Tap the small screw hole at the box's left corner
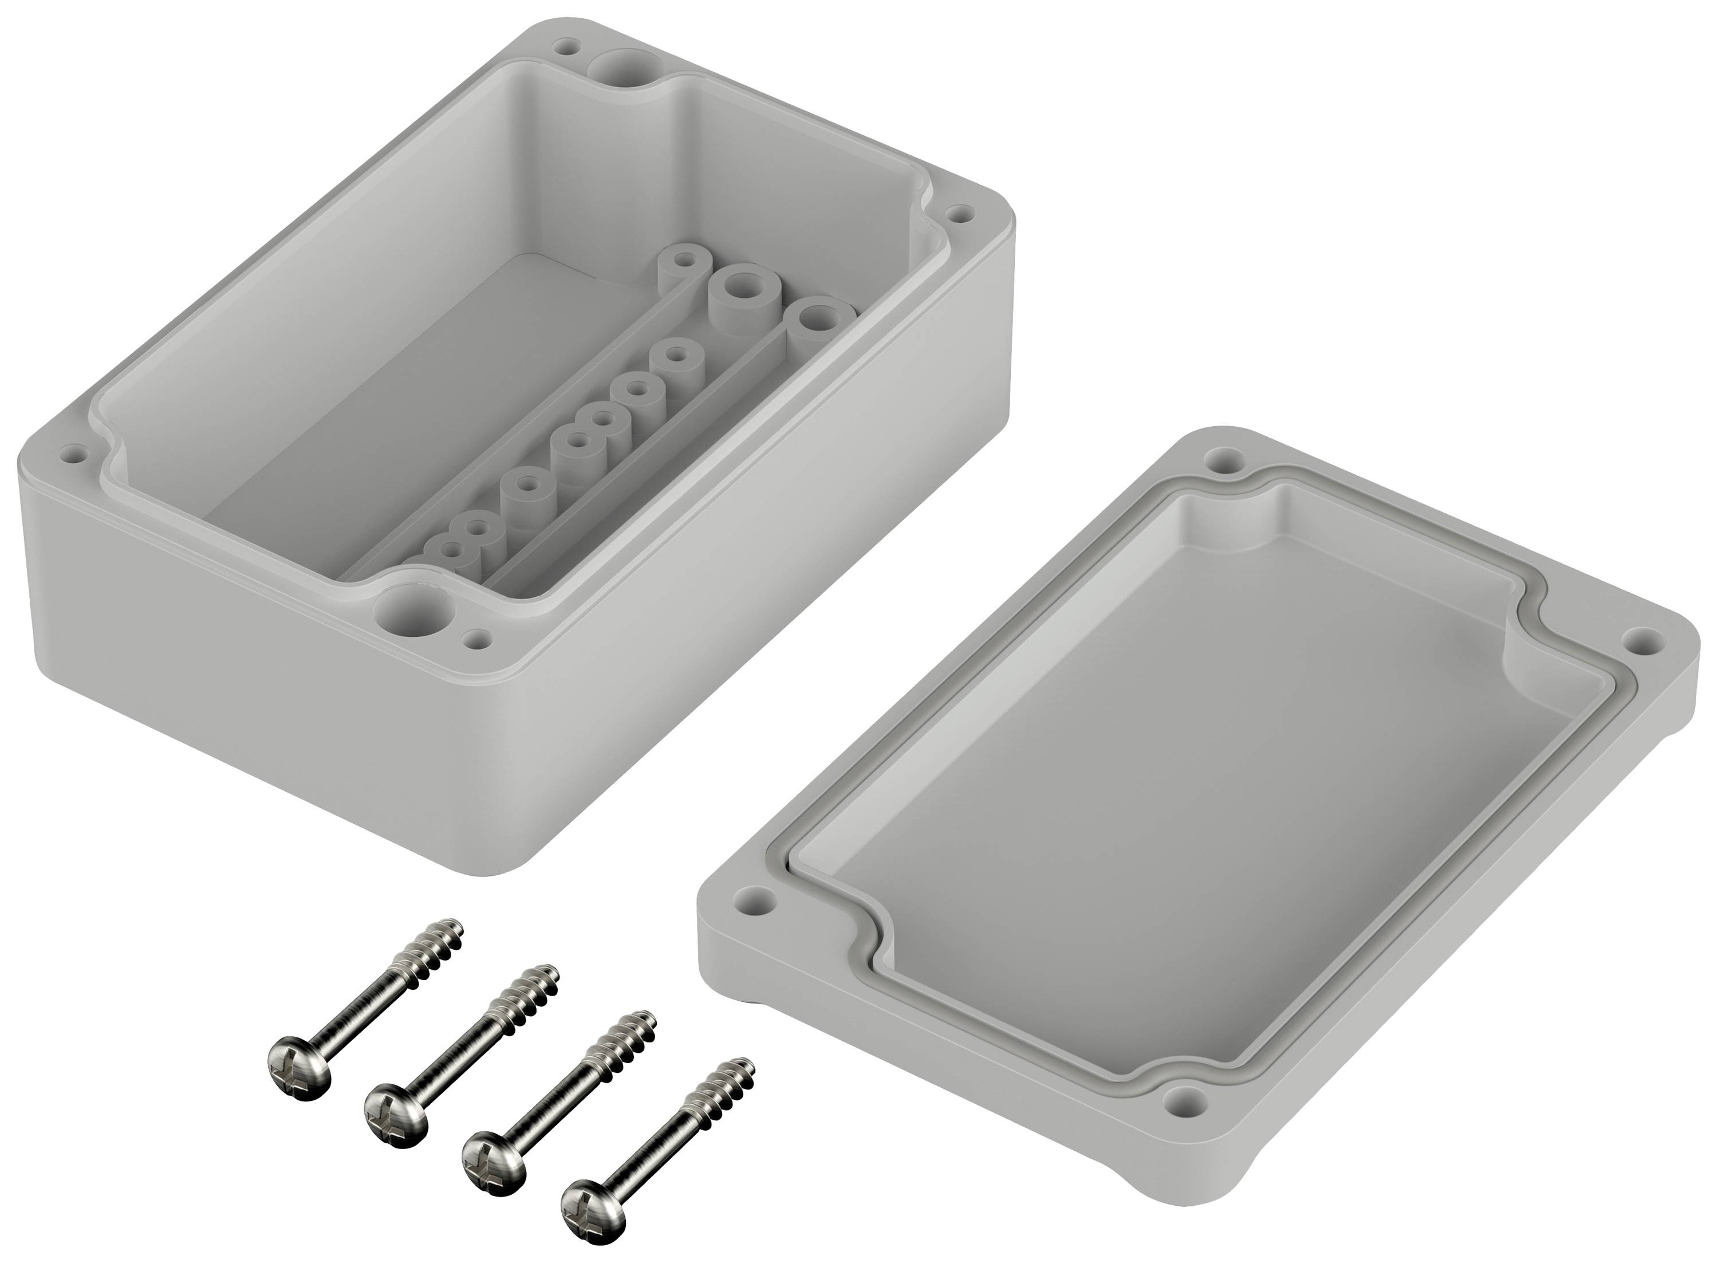(75, 454)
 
